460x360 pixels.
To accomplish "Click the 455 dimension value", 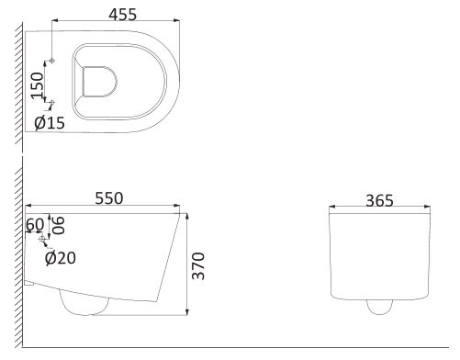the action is (123, 14).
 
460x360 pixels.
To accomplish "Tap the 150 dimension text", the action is (38, 85).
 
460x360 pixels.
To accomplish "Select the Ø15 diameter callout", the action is (50, 123).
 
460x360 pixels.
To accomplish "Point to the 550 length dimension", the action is (109, 198).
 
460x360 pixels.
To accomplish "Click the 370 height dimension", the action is (198, 265).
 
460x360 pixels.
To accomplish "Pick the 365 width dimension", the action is (379, 201).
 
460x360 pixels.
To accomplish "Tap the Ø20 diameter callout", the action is (61, 258).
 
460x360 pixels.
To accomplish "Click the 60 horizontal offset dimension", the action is (35, 224).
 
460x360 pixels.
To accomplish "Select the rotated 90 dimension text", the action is (58, 225).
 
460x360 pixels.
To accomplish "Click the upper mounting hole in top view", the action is (52, 61).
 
